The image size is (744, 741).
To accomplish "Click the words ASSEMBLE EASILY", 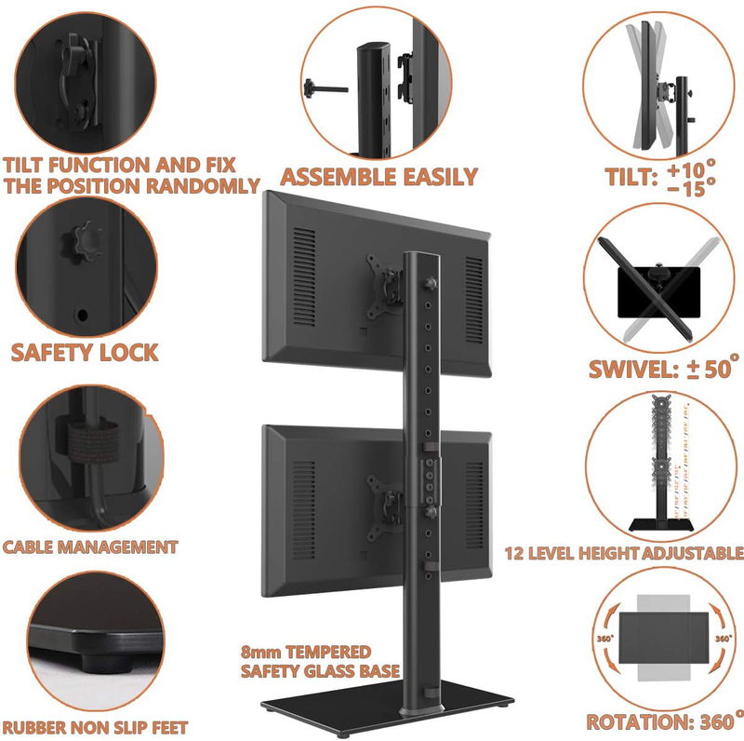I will pyautogui.click(x=379, y=176).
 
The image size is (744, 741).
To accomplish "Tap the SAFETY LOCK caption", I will pyautogui.click(x=85, y=353).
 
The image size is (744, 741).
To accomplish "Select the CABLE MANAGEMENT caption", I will pyautogui.click(x=90, y=546).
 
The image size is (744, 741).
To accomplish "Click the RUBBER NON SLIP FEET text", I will pyautogui.click(x=95, y=727).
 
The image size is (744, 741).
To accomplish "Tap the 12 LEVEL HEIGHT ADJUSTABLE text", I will pyautogui.click(x=624, y=553).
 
